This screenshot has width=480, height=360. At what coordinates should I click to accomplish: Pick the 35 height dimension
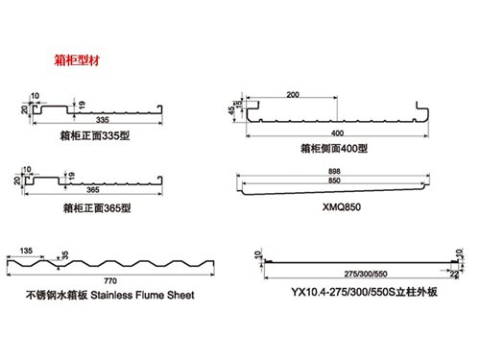(x=65, y=254)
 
